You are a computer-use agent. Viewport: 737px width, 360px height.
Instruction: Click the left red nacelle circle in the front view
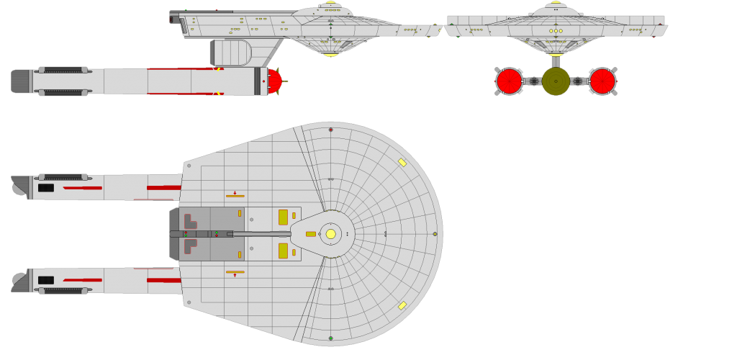click(510, 81)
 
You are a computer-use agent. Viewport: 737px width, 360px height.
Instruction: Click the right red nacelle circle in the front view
click(602, 81)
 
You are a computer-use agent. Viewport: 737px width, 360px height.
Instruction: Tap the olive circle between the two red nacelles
click(556, 81)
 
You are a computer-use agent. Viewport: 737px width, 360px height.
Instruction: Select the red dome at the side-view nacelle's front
click(274, 81)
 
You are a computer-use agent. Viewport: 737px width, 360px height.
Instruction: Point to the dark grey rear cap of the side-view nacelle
click(20, 81)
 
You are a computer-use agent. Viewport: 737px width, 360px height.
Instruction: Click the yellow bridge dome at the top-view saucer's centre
click(330, 234)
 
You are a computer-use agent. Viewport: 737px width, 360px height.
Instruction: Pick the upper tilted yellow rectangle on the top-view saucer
click(402, 163)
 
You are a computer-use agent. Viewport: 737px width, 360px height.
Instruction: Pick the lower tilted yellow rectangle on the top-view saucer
click(402, 305)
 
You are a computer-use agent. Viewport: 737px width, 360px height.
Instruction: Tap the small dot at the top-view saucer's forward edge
click(435, 234)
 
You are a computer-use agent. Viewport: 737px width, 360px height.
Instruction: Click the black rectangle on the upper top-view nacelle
click(46, 188)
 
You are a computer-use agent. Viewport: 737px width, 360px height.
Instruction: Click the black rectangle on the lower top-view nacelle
click(46, 280)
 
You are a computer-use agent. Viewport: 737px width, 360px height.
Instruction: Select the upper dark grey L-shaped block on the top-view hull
click(189, 221)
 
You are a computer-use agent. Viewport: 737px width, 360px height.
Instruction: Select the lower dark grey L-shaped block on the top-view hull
click(189, 246)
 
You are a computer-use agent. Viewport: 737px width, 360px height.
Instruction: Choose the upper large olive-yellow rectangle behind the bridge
click(283, 217)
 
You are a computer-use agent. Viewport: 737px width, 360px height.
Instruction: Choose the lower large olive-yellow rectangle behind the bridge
click(283, 251)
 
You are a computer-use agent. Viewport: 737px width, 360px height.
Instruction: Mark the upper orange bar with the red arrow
click(235, 196)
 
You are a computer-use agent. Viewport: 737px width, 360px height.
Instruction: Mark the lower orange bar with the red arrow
click(235, 272)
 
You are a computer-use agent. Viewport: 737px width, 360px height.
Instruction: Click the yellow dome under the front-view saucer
click(556, 54)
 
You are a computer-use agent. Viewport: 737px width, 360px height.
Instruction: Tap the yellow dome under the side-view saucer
click(330, 54)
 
